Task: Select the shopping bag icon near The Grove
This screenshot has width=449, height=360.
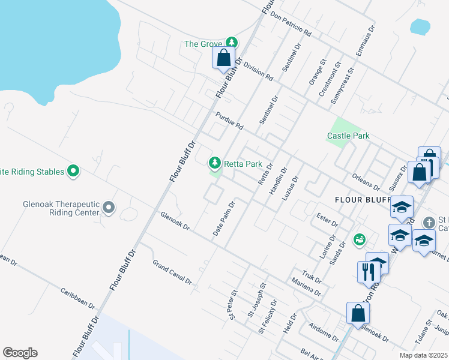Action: click(x=224, y=58)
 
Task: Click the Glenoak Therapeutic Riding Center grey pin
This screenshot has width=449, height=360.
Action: click(x=109, y=208)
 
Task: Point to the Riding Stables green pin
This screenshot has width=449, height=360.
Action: click(x=73, y=172)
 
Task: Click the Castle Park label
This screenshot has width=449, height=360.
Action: click(x=348, y=136)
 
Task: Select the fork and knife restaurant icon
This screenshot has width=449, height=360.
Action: click(x=365, y=271)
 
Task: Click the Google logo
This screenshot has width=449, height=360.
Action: click(x=20, y=353)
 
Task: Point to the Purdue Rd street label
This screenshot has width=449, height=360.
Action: click(x=231, y=121)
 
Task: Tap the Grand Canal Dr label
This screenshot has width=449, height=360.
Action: click(x=172, y=272)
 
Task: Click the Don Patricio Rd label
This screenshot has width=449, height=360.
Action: click(x=291, y=23)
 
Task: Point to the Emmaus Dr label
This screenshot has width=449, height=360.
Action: click(x=365, y=41)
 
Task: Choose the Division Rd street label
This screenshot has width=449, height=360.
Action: click(x=259, y=72)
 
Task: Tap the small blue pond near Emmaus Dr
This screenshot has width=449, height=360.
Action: click(x=420, y=26)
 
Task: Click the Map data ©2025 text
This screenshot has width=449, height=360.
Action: click(x=423, y=355)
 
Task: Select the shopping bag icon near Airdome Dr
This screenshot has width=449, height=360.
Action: click(x=358, y=313)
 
